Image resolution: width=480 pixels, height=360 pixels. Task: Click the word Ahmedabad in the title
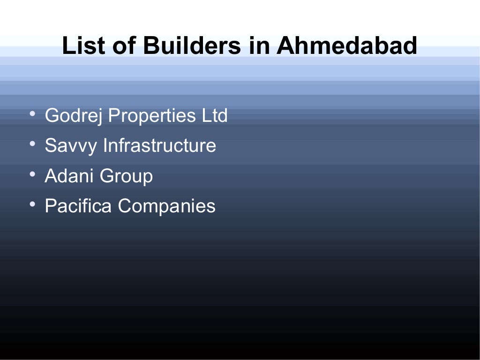click(346, 46)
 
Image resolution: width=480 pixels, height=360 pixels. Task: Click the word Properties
click(152, 116)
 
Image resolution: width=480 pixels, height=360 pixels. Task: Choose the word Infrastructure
click(159, 146)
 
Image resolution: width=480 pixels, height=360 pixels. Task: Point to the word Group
click(126, 177)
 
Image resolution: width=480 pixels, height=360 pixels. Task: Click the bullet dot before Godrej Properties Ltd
click(32, 114)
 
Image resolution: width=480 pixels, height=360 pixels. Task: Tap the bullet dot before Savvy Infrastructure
click(32, 144)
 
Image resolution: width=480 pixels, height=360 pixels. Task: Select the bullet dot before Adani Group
click(32, 175)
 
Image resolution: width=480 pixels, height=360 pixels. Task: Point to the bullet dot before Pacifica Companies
click(32, 205)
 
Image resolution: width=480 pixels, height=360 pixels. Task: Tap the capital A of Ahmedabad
click(285, 46)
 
